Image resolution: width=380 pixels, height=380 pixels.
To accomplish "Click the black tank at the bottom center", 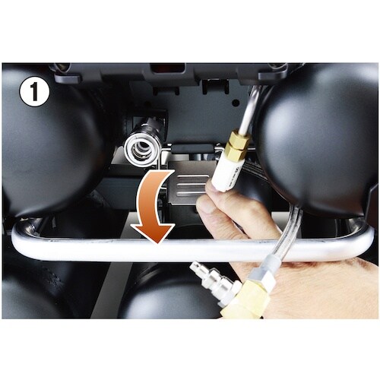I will [x=163, y=296].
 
